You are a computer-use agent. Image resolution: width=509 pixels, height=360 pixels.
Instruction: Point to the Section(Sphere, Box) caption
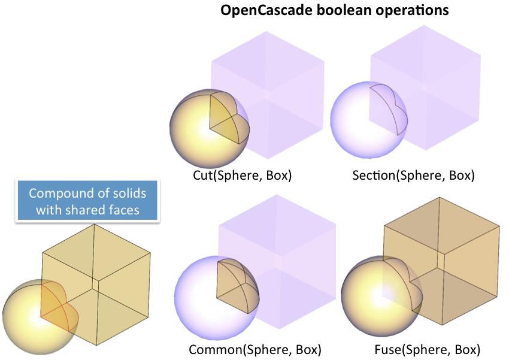click(413, 176)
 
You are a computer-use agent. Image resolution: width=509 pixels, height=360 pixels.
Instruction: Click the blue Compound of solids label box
click(87, 201)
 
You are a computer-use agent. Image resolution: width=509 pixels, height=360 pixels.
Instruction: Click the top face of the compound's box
click(96, 252)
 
